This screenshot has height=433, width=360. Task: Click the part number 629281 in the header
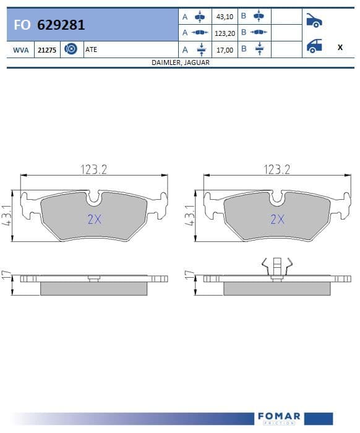pyautogui.click(x=61, y=25)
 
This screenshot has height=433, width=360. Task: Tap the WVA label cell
pyautogui.click(x=20, y=50)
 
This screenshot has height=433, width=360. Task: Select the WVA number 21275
pyautogui.click(x=47, y=50)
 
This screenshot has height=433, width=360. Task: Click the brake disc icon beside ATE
pyautogui.click(x=71, y=49)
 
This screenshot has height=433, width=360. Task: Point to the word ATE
pyautogui.click(x=91, y=49)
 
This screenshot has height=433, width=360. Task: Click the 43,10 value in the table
pyautogui.click(x=225, y=17)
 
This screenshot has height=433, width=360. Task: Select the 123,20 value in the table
pyautogui.click(x=225, y=33)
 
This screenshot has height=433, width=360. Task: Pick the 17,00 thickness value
pyautogui.click(x=225, y=50)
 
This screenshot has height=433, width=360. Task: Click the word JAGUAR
pyautogui.click(x=197, y=62)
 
